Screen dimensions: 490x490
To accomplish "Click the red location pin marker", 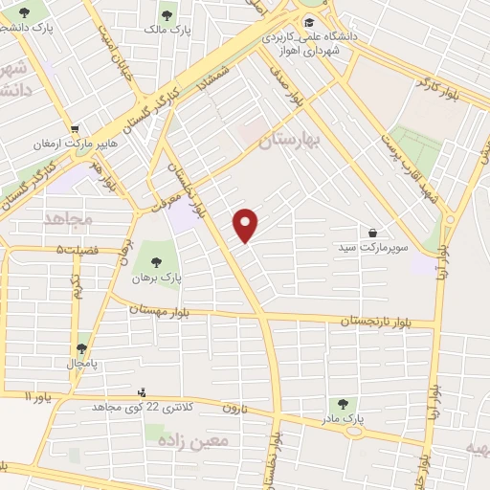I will tap(247, 225).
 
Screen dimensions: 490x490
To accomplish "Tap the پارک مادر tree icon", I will tap(345, 405).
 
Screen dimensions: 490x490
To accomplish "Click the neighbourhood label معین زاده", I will tap(201, 441).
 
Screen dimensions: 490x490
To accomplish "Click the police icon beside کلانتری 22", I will tap(143, 392).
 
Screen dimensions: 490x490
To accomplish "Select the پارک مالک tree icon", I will tap(167, 15).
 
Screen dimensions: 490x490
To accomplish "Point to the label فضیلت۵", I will tap(77, 250).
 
